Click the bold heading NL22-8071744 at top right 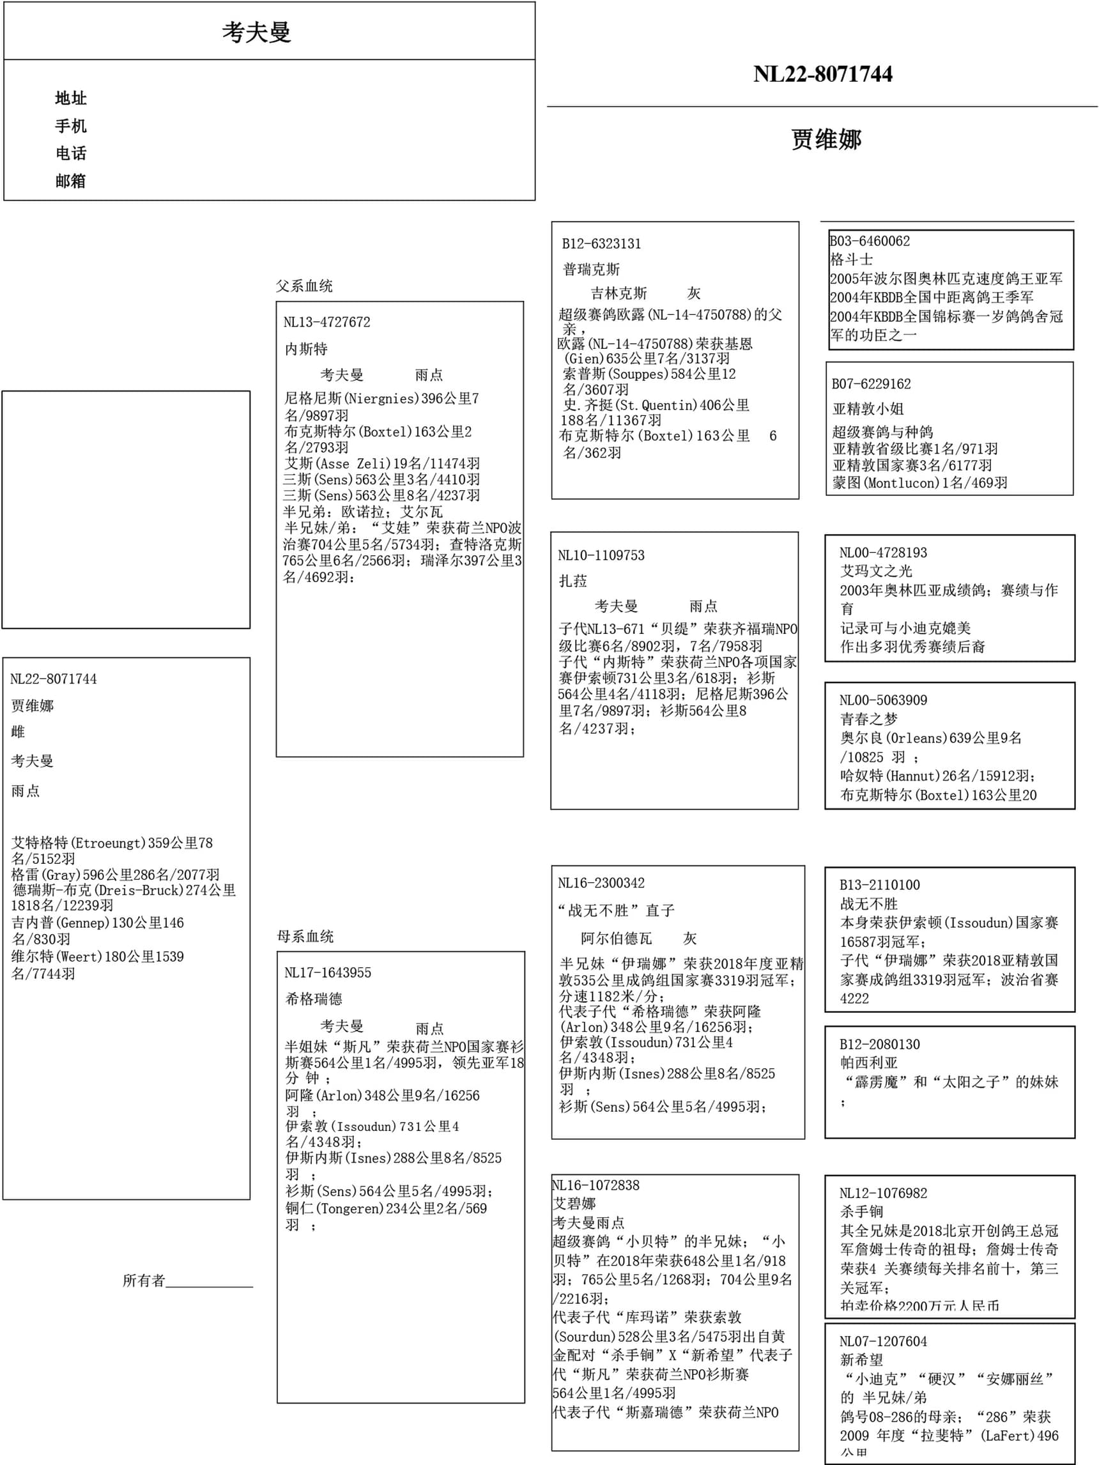[x=822, y=74]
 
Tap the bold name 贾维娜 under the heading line [x=826, y=139]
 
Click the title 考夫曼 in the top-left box [x=256, y=33]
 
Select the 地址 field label [x=71, y=98]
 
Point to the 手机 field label [x=71, y=126]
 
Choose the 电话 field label [x=71, y=153]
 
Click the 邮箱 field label [x=71, y=181]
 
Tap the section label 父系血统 [x=304, y=286]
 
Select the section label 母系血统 [x=305, y=937]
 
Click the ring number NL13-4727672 [x=327, y=323]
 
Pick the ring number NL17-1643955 [x=327, y=973]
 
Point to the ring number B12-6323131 [x=601, y=243]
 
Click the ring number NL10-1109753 [x=601, y=556]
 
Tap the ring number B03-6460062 [x=870, y=241]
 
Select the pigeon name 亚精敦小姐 [x=868, y=409]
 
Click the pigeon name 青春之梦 [x=868, y=719]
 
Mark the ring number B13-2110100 [x=880, y=885]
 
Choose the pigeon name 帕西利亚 [x=868, y=1063]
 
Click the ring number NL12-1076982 [x=883, y=1193]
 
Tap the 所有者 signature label [x=144, y=1281]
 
